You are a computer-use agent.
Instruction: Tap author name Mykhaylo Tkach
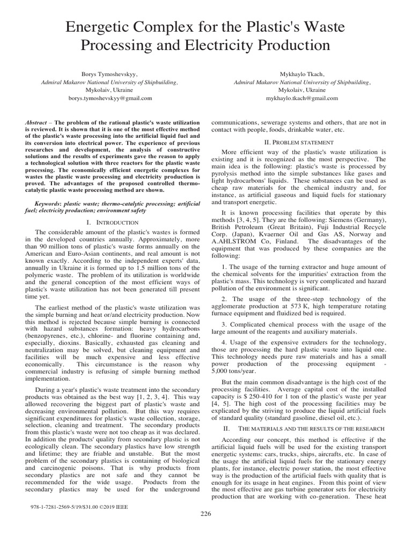(301, 75)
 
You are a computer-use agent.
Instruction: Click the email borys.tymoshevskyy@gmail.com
(109, 99)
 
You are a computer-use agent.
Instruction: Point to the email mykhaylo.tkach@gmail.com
(301, 99)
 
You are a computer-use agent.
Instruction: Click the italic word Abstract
(36, 123)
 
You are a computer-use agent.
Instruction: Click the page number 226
(205, 514)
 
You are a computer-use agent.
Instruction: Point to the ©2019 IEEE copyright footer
(112, 505)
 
